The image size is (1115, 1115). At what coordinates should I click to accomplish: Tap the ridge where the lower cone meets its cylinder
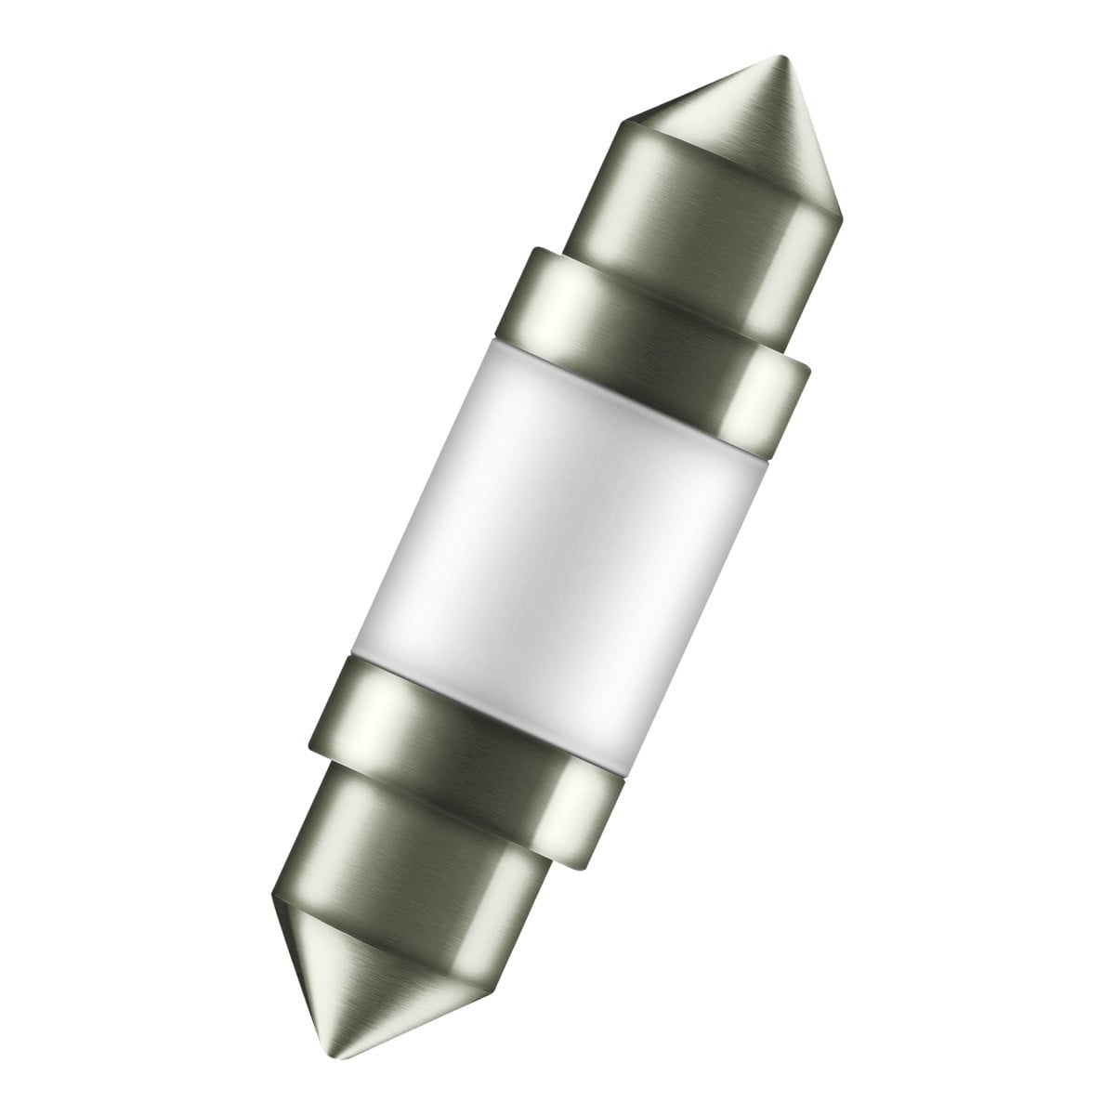372,920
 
